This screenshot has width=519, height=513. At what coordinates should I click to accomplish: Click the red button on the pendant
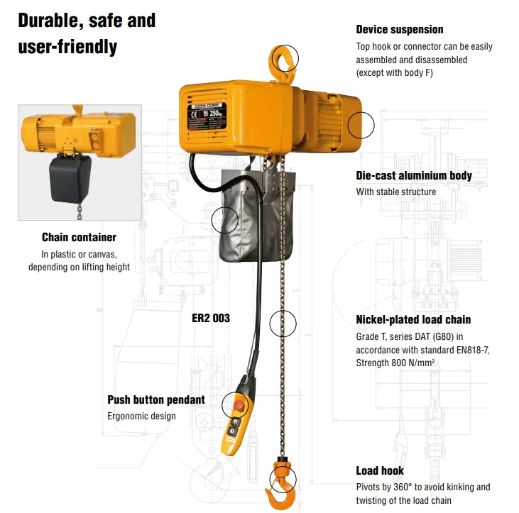239,406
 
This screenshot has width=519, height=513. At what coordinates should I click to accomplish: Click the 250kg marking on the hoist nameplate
215,114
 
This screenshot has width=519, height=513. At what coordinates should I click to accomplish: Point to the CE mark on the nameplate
195,115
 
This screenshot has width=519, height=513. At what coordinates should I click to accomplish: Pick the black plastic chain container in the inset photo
70,179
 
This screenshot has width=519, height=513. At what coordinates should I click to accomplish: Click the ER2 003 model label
211,318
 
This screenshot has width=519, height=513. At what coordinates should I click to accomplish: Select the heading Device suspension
400,29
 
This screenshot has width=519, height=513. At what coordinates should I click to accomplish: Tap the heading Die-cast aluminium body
414,176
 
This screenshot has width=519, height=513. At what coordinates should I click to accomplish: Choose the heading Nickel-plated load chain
413,320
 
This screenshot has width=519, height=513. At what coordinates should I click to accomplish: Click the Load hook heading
380,470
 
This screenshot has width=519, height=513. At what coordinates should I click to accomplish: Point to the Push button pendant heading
156,399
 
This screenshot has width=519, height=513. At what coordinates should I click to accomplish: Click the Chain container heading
79,237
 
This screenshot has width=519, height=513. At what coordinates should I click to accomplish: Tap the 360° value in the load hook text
403,487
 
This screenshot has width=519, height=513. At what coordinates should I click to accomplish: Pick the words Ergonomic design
141,416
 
